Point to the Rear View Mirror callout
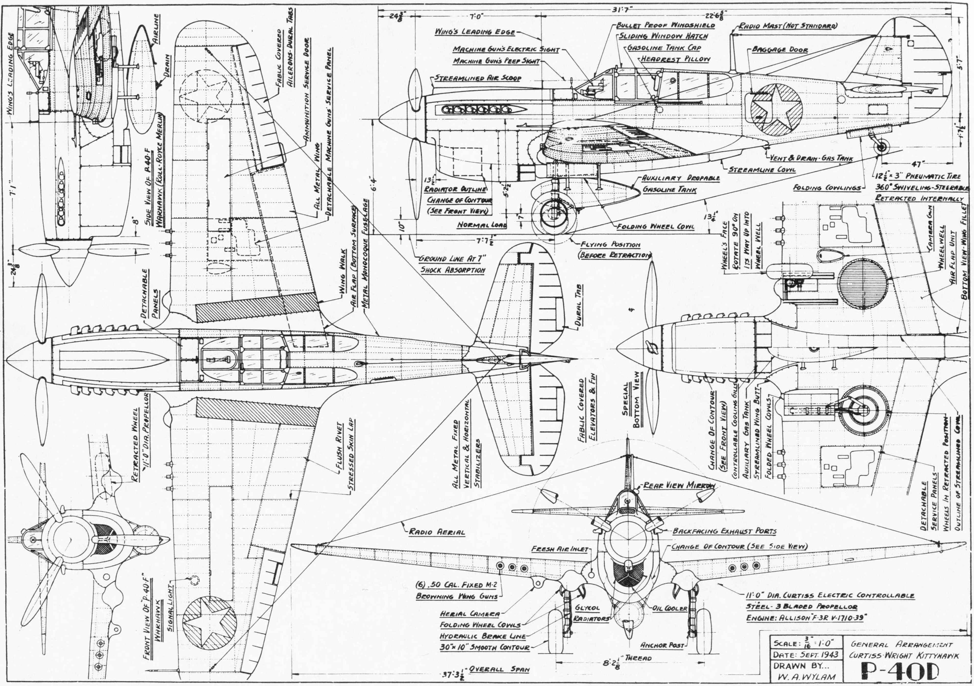pyautogui.click(x=679, y=486)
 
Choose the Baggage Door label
pyautogui.click(x=780, y=50)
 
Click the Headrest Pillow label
pyautogui.click(x=675, y=59)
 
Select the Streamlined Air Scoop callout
pyautogui.click(x=478, y=78)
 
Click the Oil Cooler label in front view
pyautogui.click(x=670, y=608)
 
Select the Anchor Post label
pyautogui.click(x=662, y=645)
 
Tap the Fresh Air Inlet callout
pyautogui.click(x=560, y=549)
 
